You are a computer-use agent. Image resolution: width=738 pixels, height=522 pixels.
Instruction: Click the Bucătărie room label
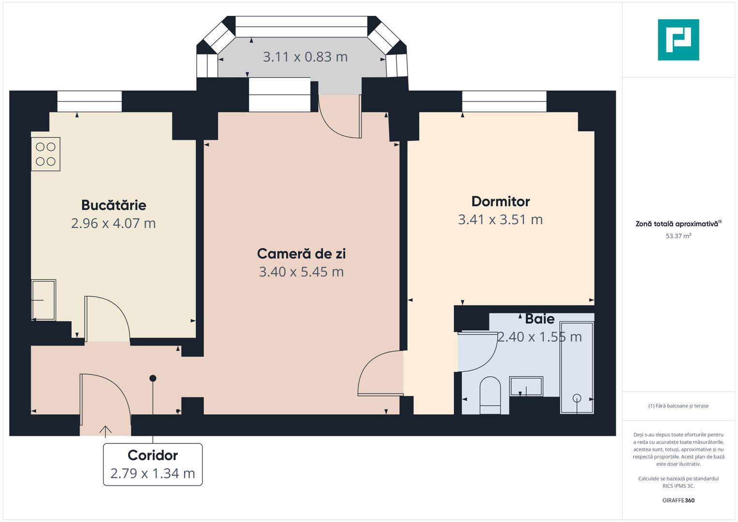[x=114, y=205]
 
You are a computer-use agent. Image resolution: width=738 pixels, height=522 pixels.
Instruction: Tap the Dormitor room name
[x=501, y=201]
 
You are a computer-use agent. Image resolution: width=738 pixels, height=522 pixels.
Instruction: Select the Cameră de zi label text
[x=301, y=254]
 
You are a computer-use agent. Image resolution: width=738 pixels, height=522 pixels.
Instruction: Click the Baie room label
[x=540, y=319]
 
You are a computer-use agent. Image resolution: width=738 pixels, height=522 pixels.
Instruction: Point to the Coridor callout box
[x=153, y=464]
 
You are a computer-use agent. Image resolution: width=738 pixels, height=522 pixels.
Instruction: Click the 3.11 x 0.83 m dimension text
[x=305, y=57]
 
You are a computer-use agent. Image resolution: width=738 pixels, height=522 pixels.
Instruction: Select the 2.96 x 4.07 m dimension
[x=114, y=223]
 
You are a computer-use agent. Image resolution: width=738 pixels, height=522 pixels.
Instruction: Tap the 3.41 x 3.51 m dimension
[x=501, y=219]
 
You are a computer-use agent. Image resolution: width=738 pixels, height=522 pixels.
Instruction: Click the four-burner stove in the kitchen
[x=46, y=154]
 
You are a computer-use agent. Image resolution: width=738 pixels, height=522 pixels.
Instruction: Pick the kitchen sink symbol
[x=43, y=300]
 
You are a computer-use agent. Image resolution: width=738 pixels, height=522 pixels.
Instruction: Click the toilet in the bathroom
[x=490, y=395]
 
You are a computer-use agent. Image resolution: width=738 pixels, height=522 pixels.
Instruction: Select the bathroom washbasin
[x=526, y=387]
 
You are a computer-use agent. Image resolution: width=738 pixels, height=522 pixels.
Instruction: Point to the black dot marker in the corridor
[x=153, y=378]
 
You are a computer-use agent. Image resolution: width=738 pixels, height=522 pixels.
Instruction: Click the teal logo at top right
[x=678, y=40]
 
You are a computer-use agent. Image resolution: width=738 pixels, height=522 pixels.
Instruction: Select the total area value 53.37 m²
[x=678, y=236]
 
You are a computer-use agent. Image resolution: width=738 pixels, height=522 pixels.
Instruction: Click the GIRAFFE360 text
[x=678, y=500]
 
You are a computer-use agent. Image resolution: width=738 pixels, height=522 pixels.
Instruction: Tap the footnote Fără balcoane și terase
[x=678, y=406]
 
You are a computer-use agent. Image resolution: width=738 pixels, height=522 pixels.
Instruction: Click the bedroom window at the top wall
[x=504, y=101]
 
